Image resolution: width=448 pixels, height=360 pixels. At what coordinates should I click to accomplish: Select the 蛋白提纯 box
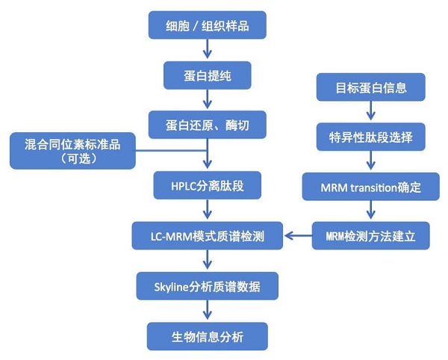pyautogui.click(x=206, y=75)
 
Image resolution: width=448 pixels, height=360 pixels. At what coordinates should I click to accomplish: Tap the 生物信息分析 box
pyautogui.click(x=206, y=336)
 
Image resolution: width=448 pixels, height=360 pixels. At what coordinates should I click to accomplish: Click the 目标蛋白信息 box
pyautogui.click(x=371, y=87)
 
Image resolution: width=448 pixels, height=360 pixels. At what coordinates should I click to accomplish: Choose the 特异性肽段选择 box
pyautogui.click(x=371, y=137)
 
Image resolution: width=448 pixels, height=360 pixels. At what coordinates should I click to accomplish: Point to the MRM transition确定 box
pyautogui.click(x=371, y=187)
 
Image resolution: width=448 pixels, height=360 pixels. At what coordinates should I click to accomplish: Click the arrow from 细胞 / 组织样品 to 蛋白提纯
pyautogui.click(x=207, y=50)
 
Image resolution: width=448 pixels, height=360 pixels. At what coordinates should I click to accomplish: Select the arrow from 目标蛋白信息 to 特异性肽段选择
pyautogui.click(x=371, y=112)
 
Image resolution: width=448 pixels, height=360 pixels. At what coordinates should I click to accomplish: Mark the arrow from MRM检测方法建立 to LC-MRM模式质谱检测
pyautogui.click(x=299, y=237)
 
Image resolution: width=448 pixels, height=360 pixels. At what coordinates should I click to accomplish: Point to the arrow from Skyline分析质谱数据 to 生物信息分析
pyautogui.click(x=207, y=311)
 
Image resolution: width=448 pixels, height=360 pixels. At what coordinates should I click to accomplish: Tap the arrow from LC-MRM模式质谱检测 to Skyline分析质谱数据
pyautogui.click(x=207, y=261)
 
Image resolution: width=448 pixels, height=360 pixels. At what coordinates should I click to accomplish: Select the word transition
pyautogui.click(x=379, y=187)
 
